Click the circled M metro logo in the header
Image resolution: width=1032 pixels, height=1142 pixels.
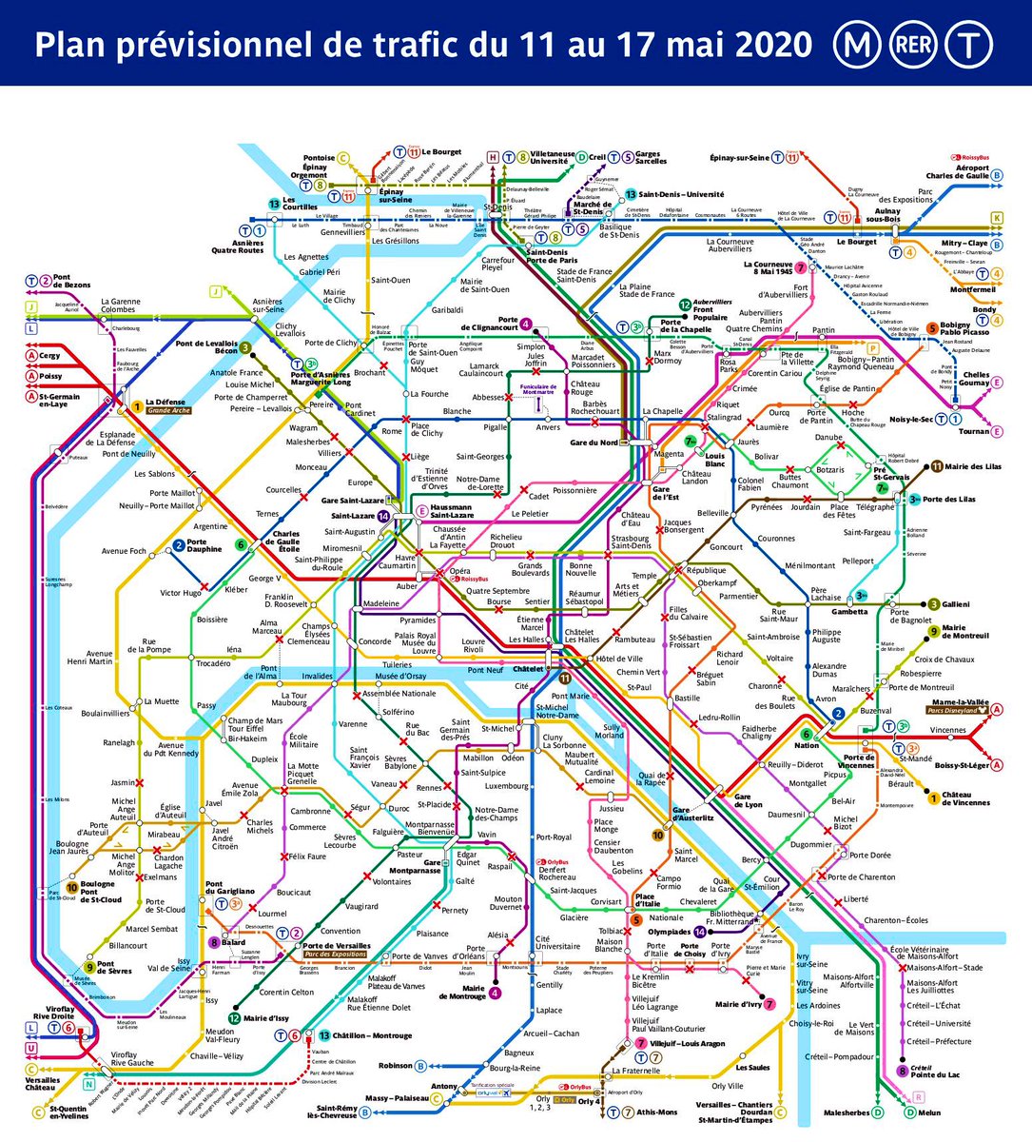852,44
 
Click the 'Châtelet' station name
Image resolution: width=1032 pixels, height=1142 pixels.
528,670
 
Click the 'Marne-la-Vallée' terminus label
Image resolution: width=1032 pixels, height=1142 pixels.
958,699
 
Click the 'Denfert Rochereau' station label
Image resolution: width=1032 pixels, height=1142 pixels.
558,873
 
